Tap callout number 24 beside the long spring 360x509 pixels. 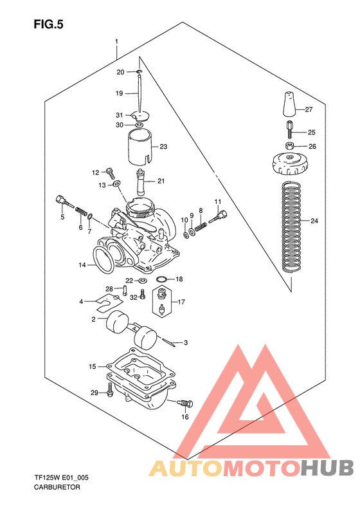(314, 221)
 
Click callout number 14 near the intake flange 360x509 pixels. (82, 264)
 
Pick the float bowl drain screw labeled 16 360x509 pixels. (184, 403)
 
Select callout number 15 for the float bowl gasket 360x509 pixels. (93, 366)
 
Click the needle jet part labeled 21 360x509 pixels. (141, 181)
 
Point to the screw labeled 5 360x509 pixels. (62, 201)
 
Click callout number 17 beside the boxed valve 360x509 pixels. (182, 302)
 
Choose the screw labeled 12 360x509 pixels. (109, 172)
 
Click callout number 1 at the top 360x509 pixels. (116, 42)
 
